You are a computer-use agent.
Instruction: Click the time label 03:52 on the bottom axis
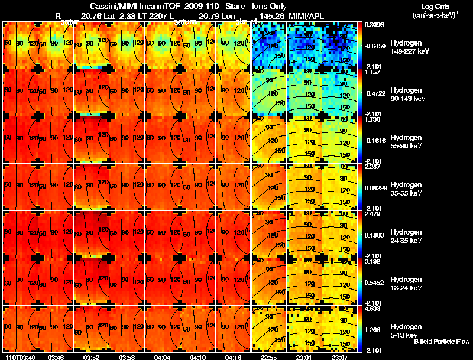click(91, 356)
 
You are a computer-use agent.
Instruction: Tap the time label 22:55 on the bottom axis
click(268, 356)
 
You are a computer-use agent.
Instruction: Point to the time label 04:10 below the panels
click(197, 356)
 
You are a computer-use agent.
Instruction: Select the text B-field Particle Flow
click(441, 341)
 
